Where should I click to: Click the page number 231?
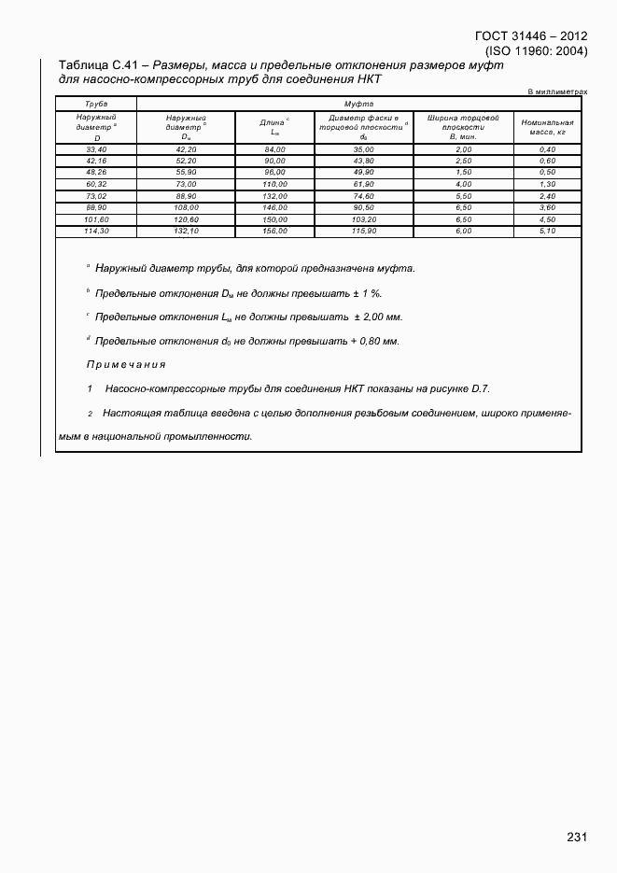[x=576, y=838]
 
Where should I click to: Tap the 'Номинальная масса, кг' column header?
[x=547, y=127]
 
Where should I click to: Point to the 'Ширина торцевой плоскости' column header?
[x=463, y=127]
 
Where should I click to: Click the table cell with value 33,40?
[x=96, y=149]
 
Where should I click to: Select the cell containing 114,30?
[x=96, y=231]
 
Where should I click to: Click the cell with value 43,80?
[x=363, y=161]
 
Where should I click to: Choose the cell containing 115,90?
[x=363, y=231]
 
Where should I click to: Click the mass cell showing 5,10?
[x=547, y=231]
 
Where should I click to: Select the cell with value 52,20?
[x=186, y=161]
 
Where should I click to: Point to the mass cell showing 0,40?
[x=547, y=149]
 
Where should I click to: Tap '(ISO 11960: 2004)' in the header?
[x=536, y=50]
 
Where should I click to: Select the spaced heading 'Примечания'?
[x=126, y=364]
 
